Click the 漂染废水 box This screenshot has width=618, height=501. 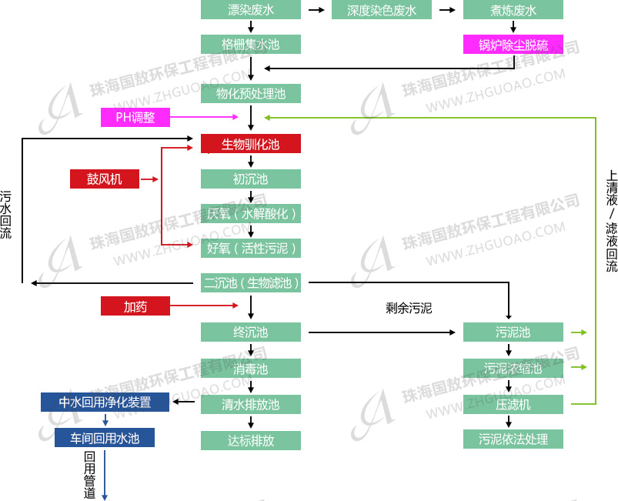pos(251,10)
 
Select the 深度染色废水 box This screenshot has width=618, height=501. pos(382,10)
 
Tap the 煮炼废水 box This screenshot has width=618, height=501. pos(513,10)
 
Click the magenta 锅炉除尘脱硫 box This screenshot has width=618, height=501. pos(513,45)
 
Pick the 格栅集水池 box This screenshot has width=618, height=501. pos(251,45)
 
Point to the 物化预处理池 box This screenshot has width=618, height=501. pos(251,94)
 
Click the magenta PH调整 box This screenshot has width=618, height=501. pos(135,117)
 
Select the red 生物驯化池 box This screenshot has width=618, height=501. pos(251,144)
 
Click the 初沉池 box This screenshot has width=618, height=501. pos(251,179)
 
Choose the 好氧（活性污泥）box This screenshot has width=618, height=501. pos(251,248)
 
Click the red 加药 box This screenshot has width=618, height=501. pos(135,306)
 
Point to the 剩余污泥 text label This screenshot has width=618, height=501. pos(409,309)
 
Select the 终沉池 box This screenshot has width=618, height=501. pos(251,332)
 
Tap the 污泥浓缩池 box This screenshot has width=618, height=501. pos(513,368)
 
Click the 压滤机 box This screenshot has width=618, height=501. pos(513,404)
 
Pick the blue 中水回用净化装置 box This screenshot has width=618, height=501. pos(105,402)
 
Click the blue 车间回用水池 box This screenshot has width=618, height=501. pos(105,438)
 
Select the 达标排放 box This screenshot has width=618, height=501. pos(251,440)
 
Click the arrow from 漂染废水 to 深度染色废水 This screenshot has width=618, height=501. pos(316,10)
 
